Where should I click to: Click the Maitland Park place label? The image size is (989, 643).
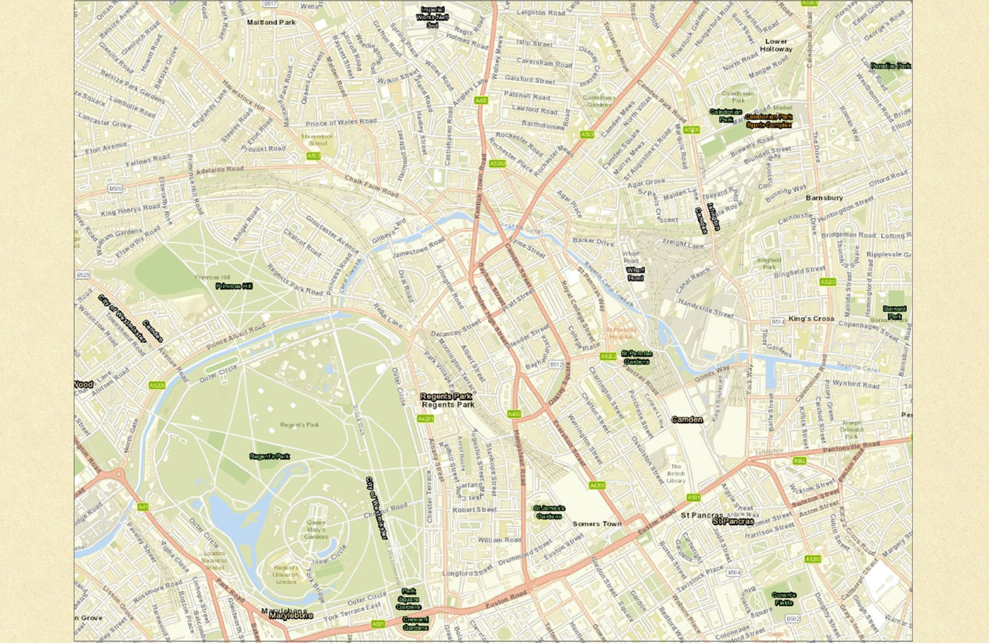point(271,22)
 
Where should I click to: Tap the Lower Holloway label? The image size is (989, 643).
point(775,45)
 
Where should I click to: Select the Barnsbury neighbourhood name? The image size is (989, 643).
point(824,198)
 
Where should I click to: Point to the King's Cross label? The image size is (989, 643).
point(811,318)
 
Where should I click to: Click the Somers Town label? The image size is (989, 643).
point(597,524)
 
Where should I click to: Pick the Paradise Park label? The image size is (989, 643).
point(890,66)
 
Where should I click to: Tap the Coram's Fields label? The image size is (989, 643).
point(784,598)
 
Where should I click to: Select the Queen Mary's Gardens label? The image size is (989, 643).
point(316,530)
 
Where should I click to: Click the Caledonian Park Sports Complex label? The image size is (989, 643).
point(769,121)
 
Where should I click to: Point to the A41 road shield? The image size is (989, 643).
point(142,507)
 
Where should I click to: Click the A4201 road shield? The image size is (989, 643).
point(426,418)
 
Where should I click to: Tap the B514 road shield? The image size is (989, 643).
point(778,321)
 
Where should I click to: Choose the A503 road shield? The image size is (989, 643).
point(587,135)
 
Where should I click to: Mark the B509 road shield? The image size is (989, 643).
point(115,188)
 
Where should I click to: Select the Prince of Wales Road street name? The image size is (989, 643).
point(341,123)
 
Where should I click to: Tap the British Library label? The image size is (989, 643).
point(676,473)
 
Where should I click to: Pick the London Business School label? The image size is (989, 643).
point(214,560)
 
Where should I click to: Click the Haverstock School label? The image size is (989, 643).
point(318,140)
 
